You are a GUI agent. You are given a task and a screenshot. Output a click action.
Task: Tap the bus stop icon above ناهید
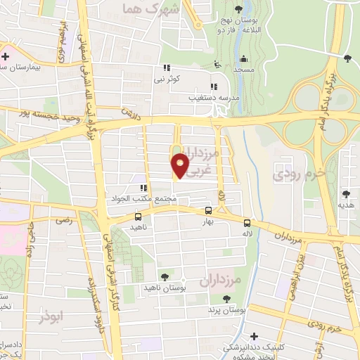137,217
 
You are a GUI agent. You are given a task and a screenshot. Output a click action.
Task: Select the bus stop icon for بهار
208,210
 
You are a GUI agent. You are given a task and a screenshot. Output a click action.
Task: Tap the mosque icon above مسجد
243,58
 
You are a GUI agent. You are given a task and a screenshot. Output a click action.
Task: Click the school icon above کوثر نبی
167,67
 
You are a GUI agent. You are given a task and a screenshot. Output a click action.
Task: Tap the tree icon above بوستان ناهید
165,277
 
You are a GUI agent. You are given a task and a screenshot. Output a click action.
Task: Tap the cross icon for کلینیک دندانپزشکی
255,335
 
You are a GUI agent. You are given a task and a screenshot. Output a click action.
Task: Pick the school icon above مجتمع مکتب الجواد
143,188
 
